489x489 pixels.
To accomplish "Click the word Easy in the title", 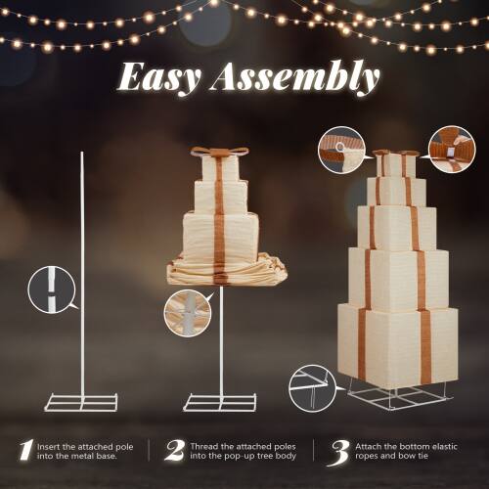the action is tap(158, 78).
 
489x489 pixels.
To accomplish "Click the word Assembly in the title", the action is tap(295, 78).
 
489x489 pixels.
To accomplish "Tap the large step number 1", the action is tap(26, 451).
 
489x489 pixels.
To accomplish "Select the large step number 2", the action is tap(175, 451).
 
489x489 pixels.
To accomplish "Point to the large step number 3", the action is tap(339, 453).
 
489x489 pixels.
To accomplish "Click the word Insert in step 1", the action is tap(49, 447).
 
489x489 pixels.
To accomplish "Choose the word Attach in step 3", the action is tap(368, 446).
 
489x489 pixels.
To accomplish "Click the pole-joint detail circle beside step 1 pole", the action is tap(52, 289).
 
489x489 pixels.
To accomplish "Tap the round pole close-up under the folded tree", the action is tap(188, 313).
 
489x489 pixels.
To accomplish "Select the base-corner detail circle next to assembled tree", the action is tap(313, 389).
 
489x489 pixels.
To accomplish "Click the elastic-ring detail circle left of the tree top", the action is tap(341, 150).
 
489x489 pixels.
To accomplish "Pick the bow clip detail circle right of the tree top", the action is tap(452, 149).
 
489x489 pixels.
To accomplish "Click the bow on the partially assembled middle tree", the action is tap(220, 152).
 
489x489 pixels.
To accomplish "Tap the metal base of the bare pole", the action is tap(81, 402).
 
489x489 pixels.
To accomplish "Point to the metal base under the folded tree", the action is tap(220, 403).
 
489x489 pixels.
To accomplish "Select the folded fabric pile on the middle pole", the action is tap(227, 270).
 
